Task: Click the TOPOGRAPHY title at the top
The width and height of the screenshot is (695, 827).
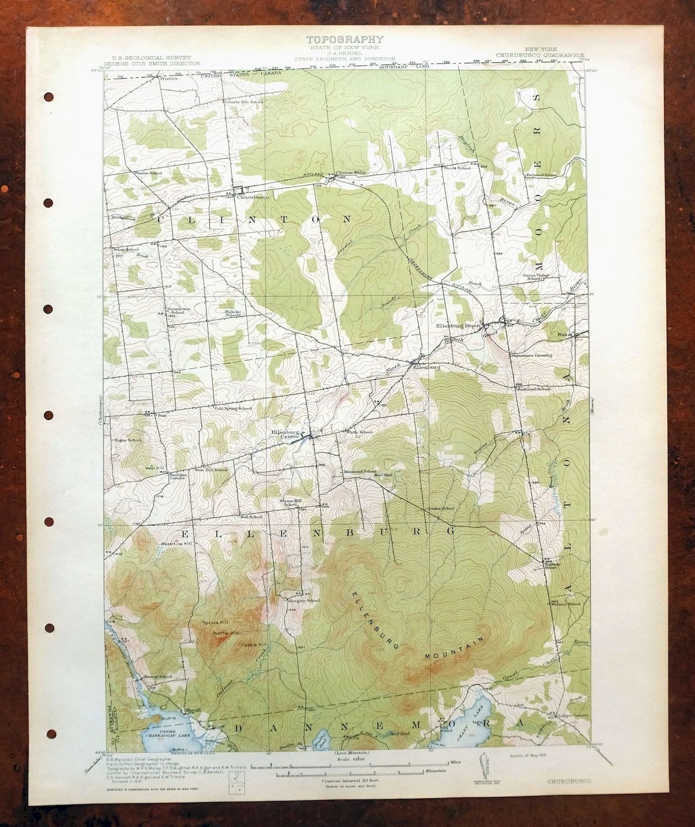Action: click(x=344, y=39)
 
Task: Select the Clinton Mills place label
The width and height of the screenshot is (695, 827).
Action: click(x=351, y=171)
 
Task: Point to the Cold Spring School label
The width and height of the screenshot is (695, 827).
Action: click(x=233, y=408)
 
